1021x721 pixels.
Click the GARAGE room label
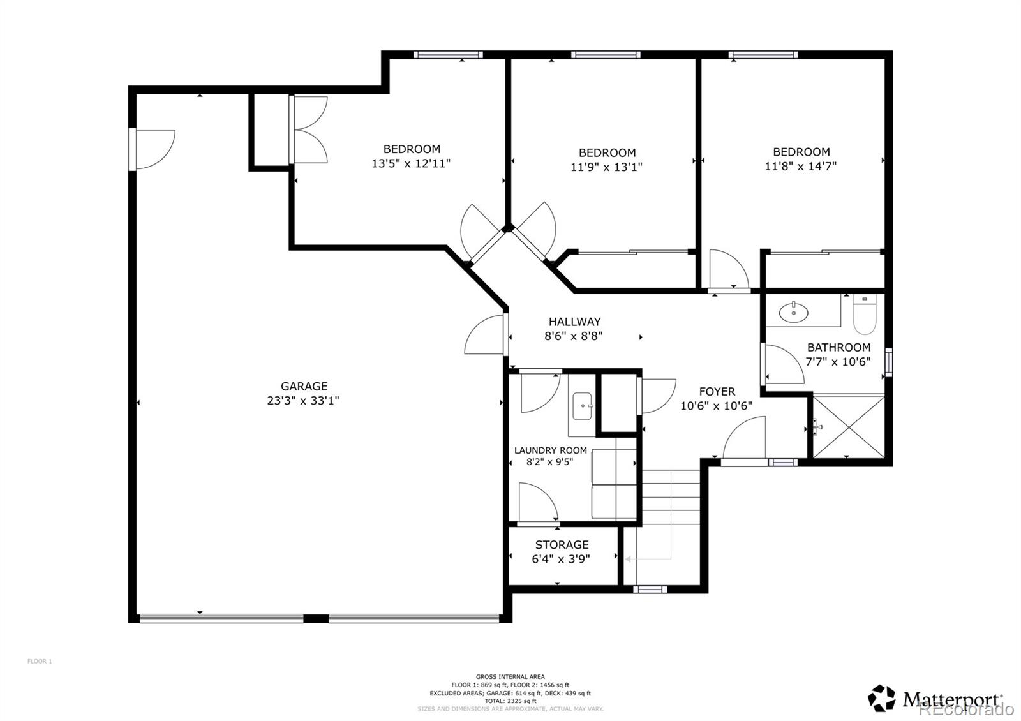[x=304, y=386]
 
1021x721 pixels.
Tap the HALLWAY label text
[x=574, y=322]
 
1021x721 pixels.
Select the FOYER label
[x=717, y=392]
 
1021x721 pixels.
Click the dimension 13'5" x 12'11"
[x=411, y=163]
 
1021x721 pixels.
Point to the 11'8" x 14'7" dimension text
[x=801, y=166]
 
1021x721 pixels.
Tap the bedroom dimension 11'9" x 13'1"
[x=606, y=167]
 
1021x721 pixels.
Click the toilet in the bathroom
[x=865, y=316]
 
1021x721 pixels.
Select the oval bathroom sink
[x=793, y=313]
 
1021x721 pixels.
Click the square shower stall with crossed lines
[x=848, y=426]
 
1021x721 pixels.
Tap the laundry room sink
[x=583, y=406]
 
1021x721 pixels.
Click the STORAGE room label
[x=562, y=545]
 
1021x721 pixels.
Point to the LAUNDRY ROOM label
[x=550, y=450]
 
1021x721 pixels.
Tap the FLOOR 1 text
[x=40, y=662]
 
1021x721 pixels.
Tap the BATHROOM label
[x=838, y=348]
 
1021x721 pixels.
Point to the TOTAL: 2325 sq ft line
[x=510, y=701]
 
